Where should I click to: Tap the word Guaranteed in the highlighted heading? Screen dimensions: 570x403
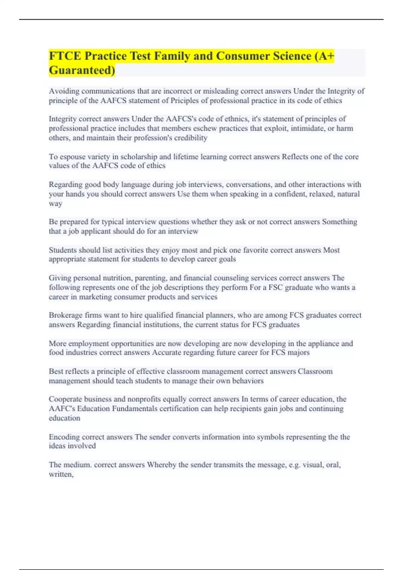(82, 70)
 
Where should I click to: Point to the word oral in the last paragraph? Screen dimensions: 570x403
(332, 465)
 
